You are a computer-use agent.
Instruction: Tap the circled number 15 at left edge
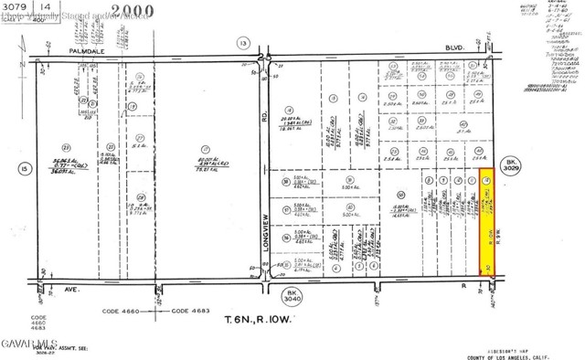pyautogui.click(x=22, y=167)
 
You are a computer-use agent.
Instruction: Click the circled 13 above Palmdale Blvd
pyautogui.click(x=242, y=42)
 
